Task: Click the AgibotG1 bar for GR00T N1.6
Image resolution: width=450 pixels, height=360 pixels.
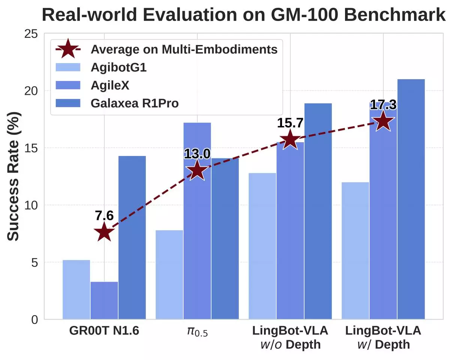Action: (x=76, y=289)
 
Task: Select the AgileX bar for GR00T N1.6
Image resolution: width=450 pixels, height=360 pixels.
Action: (x=104, y=300)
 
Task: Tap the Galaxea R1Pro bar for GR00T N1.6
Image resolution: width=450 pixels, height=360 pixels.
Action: (x=132, y=237)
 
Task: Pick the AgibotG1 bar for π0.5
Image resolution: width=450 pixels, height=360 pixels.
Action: (x=169, y=274)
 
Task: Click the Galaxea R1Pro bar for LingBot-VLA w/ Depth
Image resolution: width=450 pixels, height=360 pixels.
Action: (x=411, y=199)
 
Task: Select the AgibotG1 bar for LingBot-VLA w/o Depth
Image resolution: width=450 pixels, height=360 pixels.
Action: (x=262, y=246)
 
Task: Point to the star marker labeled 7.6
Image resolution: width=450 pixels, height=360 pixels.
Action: (x=104, y=232)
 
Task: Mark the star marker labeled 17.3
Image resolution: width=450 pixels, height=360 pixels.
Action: (x=383, y=121)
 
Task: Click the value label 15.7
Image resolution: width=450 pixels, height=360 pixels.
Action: (x=290, y=123)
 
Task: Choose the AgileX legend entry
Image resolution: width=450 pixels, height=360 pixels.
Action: (x=110, y=85)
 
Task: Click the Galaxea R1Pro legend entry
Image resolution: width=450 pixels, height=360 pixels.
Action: (x=134, y=103)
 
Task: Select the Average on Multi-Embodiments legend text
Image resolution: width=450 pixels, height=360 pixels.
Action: (x=184, y=49)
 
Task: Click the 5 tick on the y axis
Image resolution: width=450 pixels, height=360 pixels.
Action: (x=34, y=262)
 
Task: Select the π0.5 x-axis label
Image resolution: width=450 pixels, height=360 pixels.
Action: (x=197, y=331)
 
